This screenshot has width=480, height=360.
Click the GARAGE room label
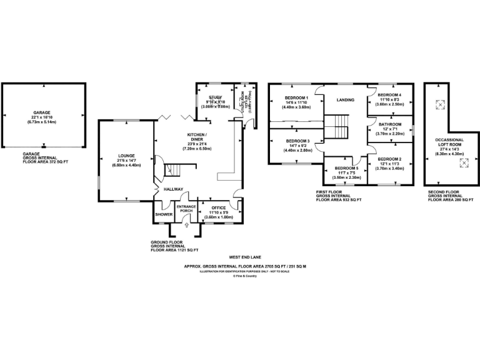(42, 113)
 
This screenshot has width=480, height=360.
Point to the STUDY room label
(216, 97)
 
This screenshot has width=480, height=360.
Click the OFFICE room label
(218, 207)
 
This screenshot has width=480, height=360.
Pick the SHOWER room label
(164, 214)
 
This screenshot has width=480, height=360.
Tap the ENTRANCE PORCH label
(186, 209)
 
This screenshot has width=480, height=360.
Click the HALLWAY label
(173, 189)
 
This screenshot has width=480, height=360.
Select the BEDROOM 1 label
(296, 98)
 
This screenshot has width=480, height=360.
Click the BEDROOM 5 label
(346, 169)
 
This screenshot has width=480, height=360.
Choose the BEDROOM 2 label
(389, 159)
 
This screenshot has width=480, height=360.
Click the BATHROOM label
(389, 125)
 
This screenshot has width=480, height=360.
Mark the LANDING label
(346, 100)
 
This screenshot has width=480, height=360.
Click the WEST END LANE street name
(244, 257)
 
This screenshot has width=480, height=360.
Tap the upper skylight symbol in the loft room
(439, 104)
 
